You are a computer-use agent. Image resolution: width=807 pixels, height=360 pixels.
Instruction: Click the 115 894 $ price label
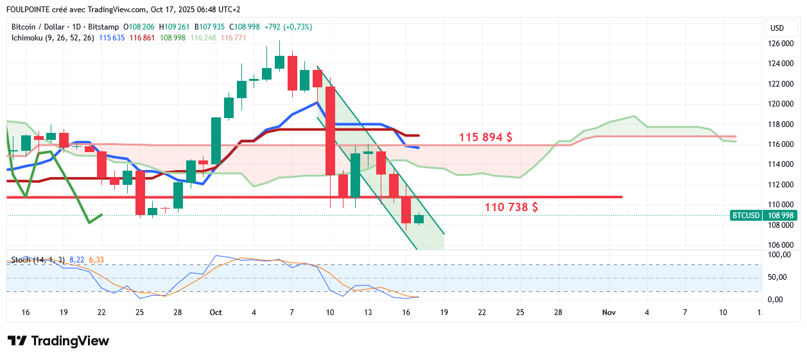(485, 137)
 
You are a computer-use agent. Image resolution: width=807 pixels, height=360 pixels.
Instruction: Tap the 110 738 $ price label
(511, 207)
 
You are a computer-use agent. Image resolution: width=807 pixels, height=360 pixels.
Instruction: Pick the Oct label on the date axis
(216, 313)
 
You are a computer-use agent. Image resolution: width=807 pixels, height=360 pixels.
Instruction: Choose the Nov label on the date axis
(609, 313)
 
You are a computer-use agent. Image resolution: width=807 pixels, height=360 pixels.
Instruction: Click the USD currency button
(777, 28)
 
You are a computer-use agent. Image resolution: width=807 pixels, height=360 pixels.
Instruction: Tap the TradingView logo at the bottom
(58, 341)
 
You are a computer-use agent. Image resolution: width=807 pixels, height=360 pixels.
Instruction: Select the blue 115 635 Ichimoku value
(112, 38)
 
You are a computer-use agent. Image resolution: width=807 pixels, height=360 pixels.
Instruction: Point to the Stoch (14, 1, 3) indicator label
(38, 260)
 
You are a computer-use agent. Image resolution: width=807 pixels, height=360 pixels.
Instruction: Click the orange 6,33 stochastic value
(96, 260)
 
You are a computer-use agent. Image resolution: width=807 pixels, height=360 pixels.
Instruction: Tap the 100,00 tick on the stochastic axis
(781, 255)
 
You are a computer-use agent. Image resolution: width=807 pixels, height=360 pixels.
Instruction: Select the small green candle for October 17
(419, 219)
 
